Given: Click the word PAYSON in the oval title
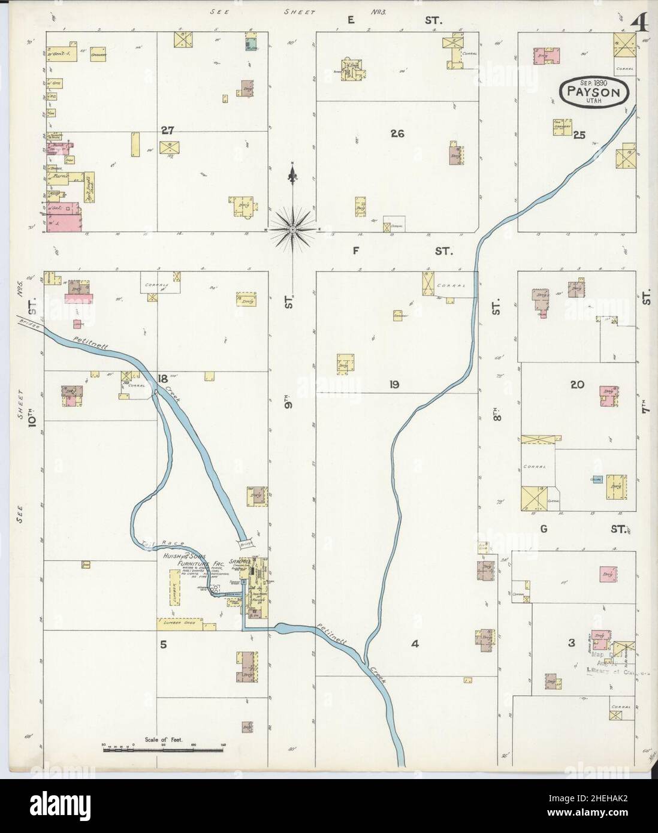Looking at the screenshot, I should (594, 92).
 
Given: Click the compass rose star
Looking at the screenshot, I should (292, 229).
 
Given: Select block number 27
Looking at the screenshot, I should (167, 129).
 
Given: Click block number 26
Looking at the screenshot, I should (396, 134).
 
